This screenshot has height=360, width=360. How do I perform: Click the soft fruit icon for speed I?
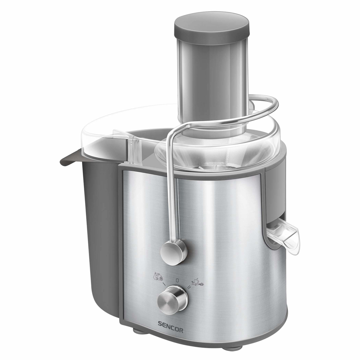(x=158, y=277)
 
